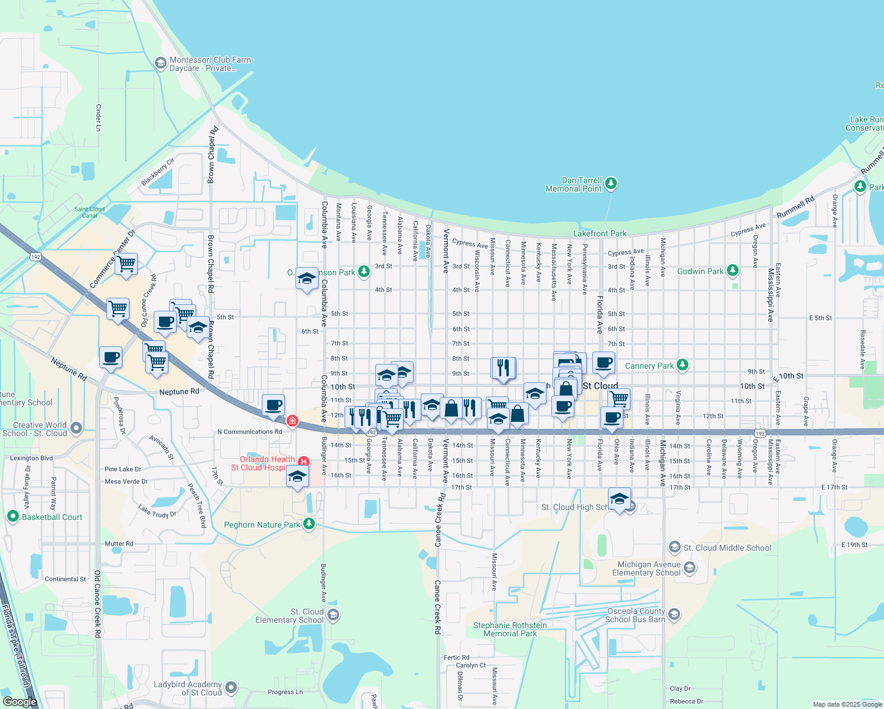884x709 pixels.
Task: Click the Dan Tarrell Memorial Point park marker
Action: coord(611,184)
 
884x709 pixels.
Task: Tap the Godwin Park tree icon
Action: coord(733,271)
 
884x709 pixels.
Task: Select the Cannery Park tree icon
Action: coord(682,365)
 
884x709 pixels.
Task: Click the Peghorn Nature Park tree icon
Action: coord(308,523)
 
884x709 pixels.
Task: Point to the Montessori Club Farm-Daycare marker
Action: coord(160,63)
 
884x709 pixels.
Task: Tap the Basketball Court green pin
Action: coord(12,516)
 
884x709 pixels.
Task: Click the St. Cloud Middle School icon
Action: coord(674,547)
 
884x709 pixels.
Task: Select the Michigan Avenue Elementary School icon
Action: coord(689,568)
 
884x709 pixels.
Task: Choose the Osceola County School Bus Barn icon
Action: coord(674,614)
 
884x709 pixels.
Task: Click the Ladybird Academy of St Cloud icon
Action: coord(230,688)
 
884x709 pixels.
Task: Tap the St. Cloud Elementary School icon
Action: coord(333,615)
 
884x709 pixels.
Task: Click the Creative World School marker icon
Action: coord(76,428)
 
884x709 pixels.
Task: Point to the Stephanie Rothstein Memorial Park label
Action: coord(510,629)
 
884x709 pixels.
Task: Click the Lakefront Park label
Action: coord(600,233)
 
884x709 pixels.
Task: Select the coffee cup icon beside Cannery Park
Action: coord(603,362)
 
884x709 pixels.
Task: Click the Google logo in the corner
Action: coord(19,702)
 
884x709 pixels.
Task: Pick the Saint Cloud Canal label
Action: coord(89,212)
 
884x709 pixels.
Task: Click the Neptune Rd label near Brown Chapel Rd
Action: coord(179,392)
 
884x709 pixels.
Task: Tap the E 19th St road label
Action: coord(854,545)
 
